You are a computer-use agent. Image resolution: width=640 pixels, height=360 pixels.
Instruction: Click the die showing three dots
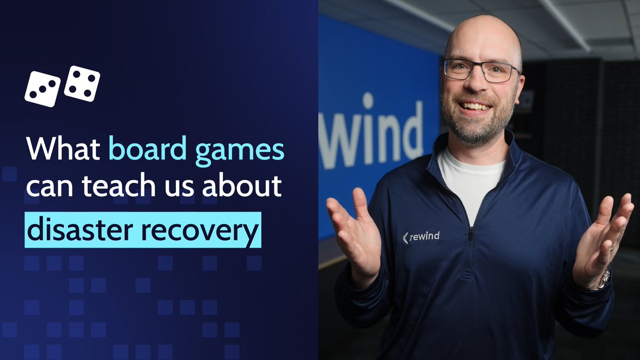(42, 89)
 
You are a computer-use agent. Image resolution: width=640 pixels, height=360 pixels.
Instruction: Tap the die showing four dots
(82, 83)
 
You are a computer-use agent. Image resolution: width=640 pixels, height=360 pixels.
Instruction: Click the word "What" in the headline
(62, 150)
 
